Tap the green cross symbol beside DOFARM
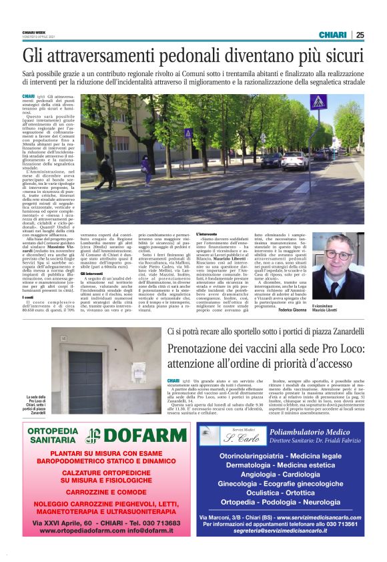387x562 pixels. pos(93,436)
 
